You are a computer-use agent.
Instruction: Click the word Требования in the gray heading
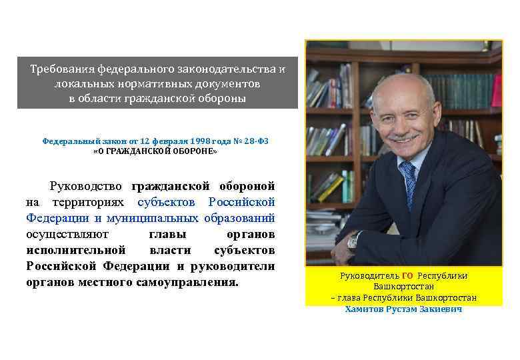(62, 69)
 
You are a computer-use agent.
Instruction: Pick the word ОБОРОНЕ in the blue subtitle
(193, 151)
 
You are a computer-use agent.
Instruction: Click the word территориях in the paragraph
(92, 201)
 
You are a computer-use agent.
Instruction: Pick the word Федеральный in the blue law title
(71, 141)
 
